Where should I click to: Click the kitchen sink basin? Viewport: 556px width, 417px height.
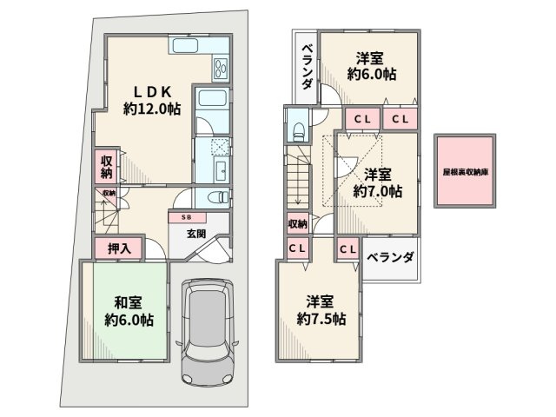coord(187,47)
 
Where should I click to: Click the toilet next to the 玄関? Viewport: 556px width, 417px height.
coord(220,196)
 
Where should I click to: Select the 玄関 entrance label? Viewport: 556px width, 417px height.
coord(195,234)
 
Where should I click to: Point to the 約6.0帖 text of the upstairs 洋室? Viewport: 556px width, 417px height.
coord(375,76)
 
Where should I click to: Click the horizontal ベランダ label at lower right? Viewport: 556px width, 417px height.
coord(389,257)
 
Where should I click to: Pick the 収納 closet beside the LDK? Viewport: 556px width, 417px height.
coord(106,166)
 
